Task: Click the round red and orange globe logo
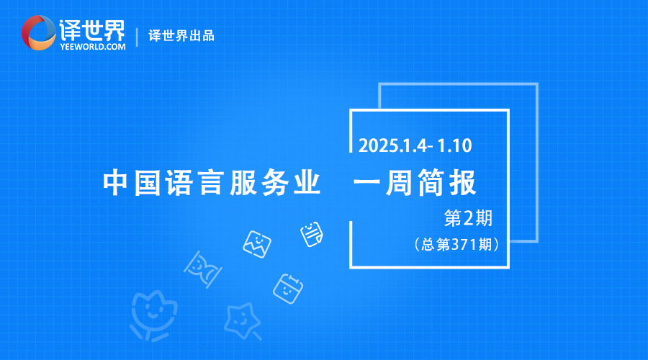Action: (x=38, y=32)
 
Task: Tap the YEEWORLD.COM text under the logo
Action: (x=93, y=47)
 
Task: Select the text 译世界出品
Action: (x=181, y=35)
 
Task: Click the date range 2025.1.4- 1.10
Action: (x=415, y=145)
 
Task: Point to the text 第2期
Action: (x=468, y=218)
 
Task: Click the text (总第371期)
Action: (x=456, y=244)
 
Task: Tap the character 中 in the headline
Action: (x=115, y=182)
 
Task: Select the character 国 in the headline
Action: (x=147, y=182)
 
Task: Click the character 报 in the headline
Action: (x=463, y=182)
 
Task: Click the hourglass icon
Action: (x=202, y=269)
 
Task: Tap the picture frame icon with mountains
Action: (x=256, y=244)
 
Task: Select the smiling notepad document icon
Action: (x=312, y=234)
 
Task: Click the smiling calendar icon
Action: (x=287, y=289)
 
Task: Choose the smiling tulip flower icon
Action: (x=153, y=315)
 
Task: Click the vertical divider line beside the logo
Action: (x=137, y=37)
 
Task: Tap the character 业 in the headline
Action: (x=307, y=182)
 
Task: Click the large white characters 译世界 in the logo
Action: (x=91, y=30)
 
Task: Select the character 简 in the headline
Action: (x=431, y=182)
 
